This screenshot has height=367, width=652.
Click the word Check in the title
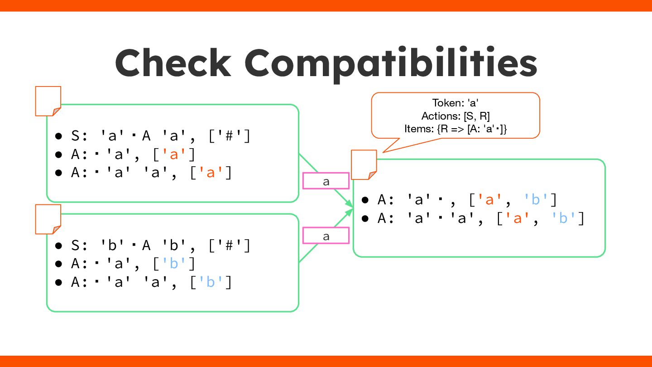[x=173, y=63]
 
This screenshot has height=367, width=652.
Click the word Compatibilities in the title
[x=391, y=64]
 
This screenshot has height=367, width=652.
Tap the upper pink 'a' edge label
[x=326, y=181]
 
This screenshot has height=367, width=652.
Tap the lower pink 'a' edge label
[x=326, y=236]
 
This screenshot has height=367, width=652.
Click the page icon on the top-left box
[x=48, y=101]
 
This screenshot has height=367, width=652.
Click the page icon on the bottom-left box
[x=48, y=219]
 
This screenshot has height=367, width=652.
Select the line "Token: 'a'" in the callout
[x=455, y=103]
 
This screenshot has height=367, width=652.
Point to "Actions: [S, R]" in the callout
[x=455, y=116]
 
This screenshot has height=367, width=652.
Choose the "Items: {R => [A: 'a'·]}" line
[x=455, y=129]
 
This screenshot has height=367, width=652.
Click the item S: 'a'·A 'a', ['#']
[x=161, y=136]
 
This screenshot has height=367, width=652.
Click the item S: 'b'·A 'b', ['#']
[x=161, y=246]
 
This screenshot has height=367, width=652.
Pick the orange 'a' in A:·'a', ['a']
[x=174, y=155]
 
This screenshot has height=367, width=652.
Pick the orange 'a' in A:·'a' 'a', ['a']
[x=211, y=173]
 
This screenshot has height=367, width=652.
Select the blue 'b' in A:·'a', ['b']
[x=174, y=264]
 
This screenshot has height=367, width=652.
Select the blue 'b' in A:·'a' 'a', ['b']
[x=211, y=282]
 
